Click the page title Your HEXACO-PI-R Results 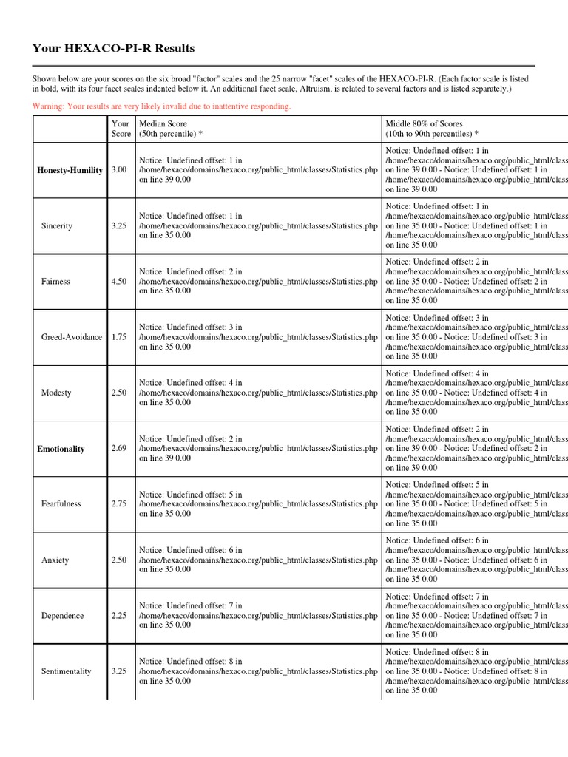113,49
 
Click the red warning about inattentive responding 161,106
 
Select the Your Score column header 121,129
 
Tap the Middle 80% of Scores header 432,129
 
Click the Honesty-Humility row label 70,170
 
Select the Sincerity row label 57,225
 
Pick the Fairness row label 56,281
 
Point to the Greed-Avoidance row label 72,337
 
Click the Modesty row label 56,393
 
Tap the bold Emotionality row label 61,449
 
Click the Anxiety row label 55,560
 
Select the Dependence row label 62,616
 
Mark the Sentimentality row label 67,671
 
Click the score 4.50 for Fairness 119,281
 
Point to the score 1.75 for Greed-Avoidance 119,337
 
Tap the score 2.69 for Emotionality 119,449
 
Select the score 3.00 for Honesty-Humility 119,170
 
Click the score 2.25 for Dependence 119,616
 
